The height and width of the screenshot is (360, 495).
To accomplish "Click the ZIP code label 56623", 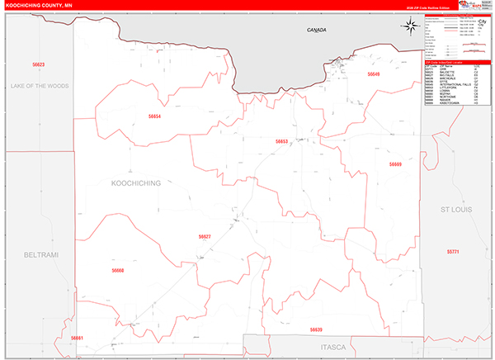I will click(x=38, y=64).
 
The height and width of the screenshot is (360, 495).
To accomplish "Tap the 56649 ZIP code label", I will click(x=374, y=74).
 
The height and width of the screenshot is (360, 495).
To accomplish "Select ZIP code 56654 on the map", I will click(x=153, y=116).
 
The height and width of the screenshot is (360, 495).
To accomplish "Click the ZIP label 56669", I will click(x=396, y=164).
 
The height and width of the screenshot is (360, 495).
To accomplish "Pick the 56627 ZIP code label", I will click(x=205, y=236).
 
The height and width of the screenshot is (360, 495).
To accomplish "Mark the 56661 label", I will click(x=77, y=339).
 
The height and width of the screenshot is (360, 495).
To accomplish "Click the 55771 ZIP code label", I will click(x=452, y=250).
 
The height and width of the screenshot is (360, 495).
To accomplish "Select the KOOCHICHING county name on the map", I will click(x=135, y=182).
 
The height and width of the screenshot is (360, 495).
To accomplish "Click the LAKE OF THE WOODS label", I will click(x=40, y=86).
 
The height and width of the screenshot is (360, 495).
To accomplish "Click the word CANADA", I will click(x=317, y=30).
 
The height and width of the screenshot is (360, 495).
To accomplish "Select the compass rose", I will click(x=409, y=26).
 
